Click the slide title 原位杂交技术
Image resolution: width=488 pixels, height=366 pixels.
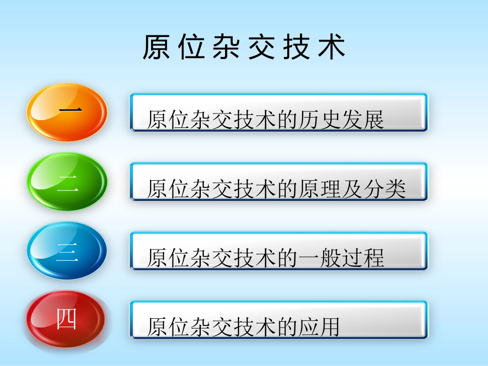pyautogui.click(x=244, y=48)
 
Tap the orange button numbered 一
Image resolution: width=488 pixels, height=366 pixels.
pyautogui.click(x=67, y=112)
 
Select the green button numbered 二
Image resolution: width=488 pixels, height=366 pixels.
pyautogui.click(x=67, y=182)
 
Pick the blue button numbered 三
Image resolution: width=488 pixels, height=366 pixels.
pyautogui.click(x=67, y=251)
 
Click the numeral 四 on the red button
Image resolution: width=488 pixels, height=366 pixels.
pyautogui.click(x=66, y=320)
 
